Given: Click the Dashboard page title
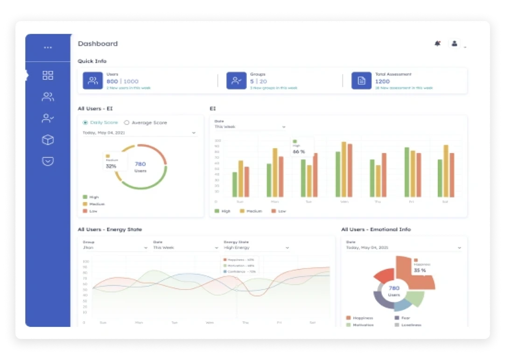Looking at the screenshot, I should click(98, 44).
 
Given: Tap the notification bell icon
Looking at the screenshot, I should click(437, 43).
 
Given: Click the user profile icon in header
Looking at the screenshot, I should click(454, 43).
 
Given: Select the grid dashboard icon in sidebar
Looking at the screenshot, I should click(48, 76).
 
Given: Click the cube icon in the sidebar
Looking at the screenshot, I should click(48, 140).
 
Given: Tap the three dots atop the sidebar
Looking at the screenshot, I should click(48, 48).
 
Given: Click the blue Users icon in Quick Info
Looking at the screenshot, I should click(92, 80).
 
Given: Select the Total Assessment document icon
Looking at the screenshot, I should click(361, 80).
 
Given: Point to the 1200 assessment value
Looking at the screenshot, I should click(382, 81).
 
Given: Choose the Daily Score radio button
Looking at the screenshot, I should click(85, 123).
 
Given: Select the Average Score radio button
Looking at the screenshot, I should click(126, 123).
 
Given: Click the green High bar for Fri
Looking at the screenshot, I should click(407, 172).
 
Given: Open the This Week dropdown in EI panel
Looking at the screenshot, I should click(250, 127).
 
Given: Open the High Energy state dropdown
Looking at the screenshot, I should click(256, 247).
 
